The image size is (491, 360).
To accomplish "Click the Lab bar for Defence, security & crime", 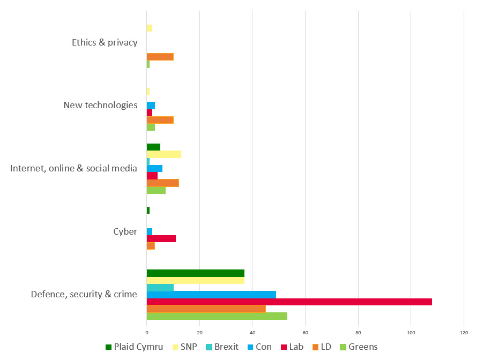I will pyautogui.click(x=289, y=302).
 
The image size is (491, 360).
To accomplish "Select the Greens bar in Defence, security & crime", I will pyautogui.click(x=217, y=316).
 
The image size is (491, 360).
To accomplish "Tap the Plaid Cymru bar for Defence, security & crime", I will pyautogui.click(x=195, y=273).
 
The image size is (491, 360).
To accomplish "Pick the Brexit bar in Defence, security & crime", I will pyautogui.click(x=160, y=288).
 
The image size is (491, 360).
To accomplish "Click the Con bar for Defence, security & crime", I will pyautogui.click(x=211, y=295).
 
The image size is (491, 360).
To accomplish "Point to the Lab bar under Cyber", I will pyautogui.click(x=161, y=238).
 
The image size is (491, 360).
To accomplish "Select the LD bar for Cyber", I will pyautogui.click(x=151, y=246).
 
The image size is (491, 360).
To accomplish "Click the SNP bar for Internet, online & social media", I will pyautogui.click(x=163, y=154).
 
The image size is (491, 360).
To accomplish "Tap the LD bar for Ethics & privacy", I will pyautogui.click(x=160, y=57).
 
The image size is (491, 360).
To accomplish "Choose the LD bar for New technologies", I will pyautogui.click(x=160, y=120).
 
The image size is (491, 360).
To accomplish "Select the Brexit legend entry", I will pyautogui.click(x=221, y=347).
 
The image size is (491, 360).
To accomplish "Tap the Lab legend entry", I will pyautogui.click(x=292, y=347).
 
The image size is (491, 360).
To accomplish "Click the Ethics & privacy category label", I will pyautogui.click(x=105, y=42).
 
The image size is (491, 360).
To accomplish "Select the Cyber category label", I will pyautogui.click(x=125, y=231).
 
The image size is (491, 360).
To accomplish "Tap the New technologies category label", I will pyautogui.click(x=100, y=105).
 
